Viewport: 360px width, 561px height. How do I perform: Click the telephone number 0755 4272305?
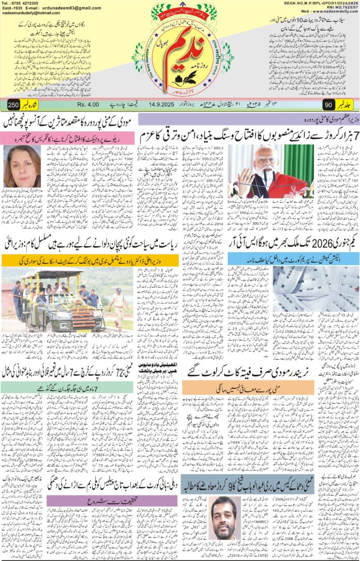tap(26, 4)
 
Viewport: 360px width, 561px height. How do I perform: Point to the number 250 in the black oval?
tap(14, 105)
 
